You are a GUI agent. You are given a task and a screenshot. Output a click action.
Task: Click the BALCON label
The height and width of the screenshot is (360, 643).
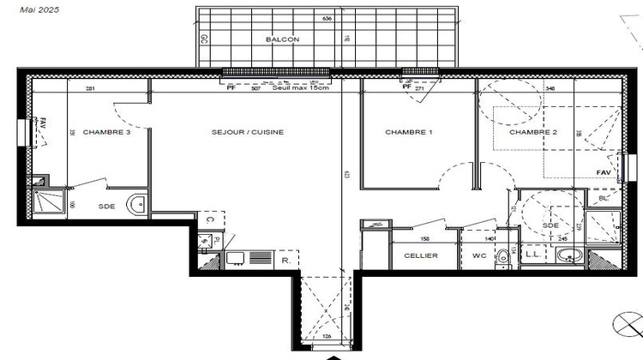pyautogui.click(x=282, y=40)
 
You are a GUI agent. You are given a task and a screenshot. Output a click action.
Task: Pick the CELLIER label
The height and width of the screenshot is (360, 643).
pyautogui.click(x=421, y=255)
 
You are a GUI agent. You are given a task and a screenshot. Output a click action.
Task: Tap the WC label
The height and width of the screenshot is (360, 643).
pyautogui.click(x=478, y=255)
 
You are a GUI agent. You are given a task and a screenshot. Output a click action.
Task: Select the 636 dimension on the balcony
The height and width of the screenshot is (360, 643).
pyautogui.click(x=327, y=18)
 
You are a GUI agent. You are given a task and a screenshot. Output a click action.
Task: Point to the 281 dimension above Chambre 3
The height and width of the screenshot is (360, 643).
pyautogui.click(x=90, y=88)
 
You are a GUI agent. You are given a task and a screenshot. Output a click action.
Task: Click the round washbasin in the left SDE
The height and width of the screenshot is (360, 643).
pyautogui.click(x=135, y=204)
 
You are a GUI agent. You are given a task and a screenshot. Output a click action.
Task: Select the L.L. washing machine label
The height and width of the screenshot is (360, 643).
pyautogui.click(x=532, y=255)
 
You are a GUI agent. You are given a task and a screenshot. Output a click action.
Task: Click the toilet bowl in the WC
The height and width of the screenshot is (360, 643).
pyautogui.click(x=507, y=256)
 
